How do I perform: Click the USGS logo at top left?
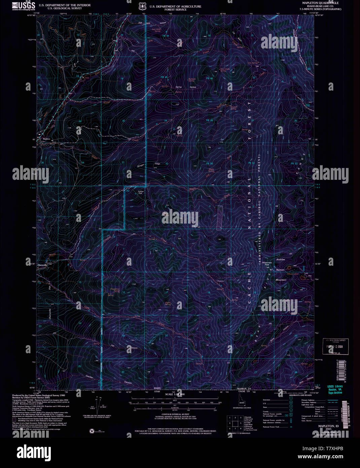[x=24, y=6]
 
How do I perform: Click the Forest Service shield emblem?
[x=142, y=6]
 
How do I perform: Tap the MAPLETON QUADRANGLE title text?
[x=316, y=3]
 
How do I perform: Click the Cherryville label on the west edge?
[x=42, y=265]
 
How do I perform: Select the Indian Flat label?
[x=141, y=192]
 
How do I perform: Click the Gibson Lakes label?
[x=293, y=274]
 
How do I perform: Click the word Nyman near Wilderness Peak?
[x=280, y=270]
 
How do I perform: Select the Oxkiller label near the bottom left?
[x=89, y=377]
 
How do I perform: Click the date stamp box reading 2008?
[x=335, y=346]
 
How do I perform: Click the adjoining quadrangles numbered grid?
[x=235, y=423]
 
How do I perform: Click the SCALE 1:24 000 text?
[x=175, y=394]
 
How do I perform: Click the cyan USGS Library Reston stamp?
[x=335, y=390]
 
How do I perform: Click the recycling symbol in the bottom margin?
[x=92, y=431]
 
